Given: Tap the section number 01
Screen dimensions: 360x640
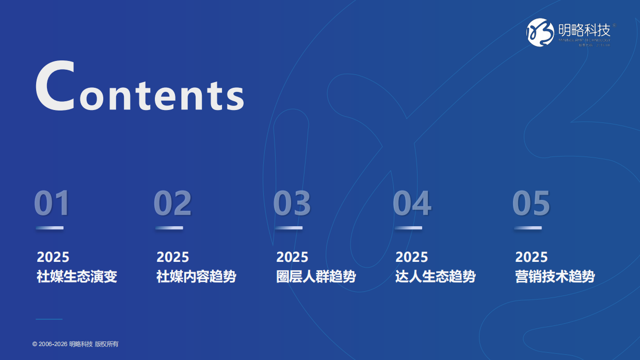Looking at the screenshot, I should (52, 204).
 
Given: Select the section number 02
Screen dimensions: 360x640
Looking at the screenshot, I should (172, 204).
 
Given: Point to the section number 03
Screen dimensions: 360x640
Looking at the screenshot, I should (292, 204).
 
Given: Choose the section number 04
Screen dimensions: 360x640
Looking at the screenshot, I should (412, 204).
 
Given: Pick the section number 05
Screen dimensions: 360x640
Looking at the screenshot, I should (531, 204).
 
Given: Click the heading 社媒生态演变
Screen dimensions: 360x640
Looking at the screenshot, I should (77, 276).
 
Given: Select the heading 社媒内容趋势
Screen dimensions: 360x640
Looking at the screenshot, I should (196, 276).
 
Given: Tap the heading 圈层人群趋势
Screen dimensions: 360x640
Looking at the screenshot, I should (316, 276).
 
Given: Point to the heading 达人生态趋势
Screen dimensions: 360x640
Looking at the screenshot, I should (435, 276).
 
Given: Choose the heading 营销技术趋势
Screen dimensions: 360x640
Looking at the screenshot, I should (555, 276).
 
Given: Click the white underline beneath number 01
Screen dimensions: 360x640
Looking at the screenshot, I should (50, 228).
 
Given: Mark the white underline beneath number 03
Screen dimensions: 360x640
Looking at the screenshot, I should (289, 228).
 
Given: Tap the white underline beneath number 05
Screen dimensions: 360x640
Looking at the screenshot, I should (528, 228).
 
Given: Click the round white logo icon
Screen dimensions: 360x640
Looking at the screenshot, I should (540, 32).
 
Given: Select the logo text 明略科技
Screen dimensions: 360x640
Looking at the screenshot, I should (584, 29).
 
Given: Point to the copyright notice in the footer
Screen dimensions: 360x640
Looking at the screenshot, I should (75, 344).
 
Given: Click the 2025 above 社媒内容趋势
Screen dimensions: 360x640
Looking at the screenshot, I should (173, 257).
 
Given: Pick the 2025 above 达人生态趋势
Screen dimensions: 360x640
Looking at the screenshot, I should (412, 257).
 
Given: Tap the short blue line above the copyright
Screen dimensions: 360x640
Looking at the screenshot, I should (49, 319).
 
